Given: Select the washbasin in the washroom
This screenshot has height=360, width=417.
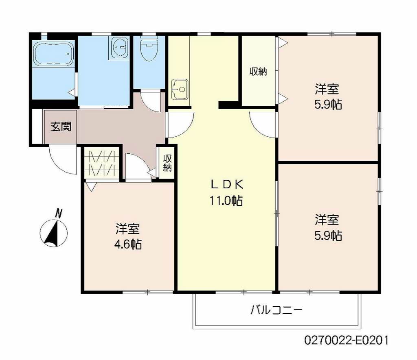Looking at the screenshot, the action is tap(119, 48).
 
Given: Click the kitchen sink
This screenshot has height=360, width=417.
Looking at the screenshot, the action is tap(180, 89).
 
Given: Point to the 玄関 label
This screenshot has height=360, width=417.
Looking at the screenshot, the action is tap(61, 127).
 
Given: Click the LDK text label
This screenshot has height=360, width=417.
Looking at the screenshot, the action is tap(227, 184).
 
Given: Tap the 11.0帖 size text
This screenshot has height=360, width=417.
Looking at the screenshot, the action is tap(226, 201).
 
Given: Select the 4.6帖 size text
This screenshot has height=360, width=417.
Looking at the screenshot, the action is tap(127, 244).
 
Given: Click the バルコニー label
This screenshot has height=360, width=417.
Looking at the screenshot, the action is tap(277, 310).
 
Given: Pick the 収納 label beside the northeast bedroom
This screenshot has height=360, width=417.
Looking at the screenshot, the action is tap(258, 72).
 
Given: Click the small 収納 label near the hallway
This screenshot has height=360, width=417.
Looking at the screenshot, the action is tap(167, 163).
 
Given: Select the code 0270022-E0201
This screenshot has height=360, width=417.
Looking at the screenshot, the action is tap(346, 340).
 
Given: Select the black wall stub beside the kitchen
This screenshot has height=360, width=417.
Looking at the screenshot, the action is tap(230, 105).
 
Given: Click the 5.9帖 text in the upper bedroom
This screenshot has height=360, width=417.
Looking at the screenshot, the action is tap(328, 105).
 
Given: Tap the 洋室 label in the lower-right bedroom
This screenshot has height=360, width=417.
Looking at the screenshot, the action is tap(327, 220).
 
